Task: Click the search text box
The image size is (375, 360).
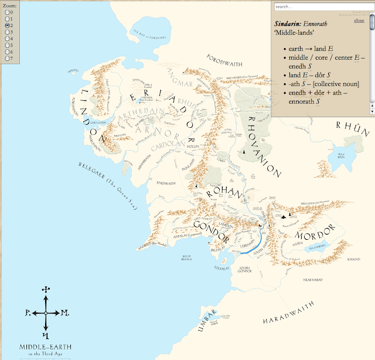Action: (321, 6)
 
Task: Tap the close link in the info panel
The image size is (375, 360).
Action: (359, 21)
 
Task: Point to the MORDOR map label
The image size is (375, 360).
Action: (316, 229)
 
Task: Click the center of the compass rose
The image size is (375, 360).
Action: (45, 313)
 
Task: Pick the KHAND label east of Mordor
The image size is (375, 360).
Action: (353, 258)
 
